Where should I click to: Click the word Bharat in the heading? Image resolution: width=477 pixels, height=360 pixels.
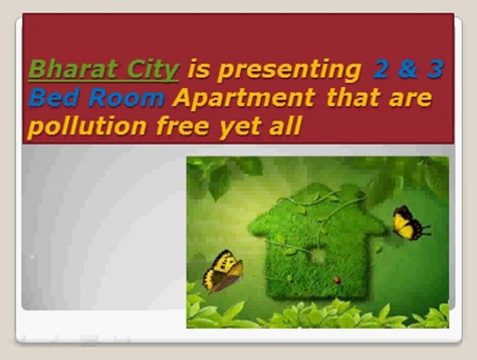click(x=72, y=69)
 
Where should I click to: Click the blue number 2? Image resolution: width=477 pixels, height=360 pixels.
click(x=380, y=69)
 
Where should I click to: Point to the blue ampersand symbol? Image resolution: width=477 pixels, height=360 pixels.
click(x=408, y=69)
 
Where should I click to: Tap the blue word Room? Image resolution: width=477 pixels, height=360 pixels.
click(x=126, y=98)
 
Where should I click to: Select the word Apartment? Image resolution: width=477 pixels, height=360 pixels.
click(x=243, y=98)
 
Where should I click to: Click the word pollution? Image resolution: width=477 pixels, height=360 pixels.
click(x=87, y=126)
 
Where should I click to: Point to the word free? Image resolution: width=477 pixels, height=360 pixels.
click(x=183, y=126)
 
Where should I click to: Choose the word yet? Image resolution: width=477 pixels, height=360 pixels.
click(x=240, y=128)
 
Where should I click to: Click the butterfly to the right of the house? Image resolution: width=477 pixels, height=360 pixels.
click(x=409, y=222)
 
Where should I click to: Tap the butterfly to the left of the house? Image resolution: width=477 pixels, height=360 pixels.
click(x=222, y=271)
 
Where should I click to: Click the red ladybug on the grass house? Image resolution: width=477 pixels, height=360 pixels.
click(x=337, y=280)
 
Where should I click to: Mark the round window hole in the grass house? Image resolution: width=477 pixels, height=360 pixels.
click(x=318, y=255)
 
